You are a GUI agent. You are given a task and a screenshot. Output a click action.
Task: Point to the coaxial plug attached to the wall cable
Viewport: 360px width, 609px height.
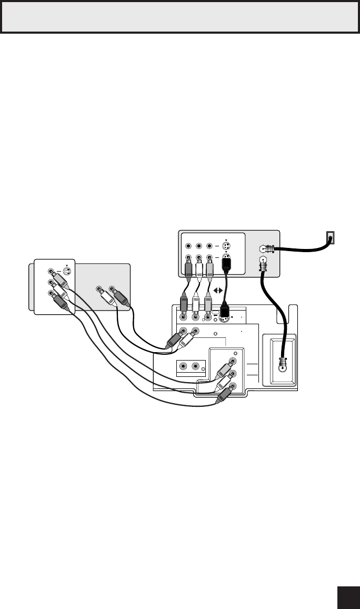(268, 250)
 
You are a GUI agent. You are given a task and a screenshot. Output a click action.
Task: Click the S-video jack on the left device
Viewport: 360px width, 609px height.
(66, 272)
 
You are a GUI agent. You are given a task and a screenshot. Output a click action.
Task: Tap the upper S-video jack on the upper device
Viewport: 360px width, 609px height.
(225, 245)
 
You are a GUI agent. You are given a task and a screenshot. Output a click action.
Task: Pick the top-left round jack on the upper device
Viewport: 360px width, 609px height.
(187, 245)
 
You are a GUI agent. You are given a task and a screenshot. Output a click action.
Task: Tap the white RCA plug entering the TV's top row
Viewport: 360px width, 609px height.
(196, 306)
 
